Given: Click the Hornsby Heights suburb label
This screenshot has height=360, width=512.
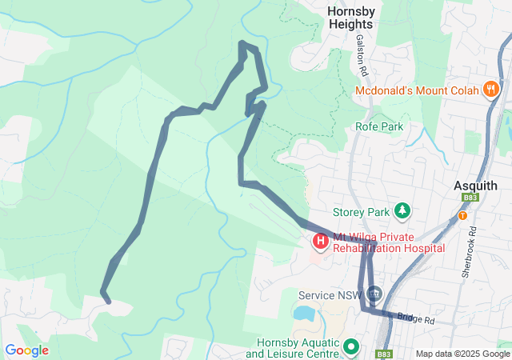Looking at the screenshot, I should pos(350,18).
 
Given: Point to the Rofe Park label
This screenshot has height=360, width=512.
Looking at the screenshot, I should pos(379,126).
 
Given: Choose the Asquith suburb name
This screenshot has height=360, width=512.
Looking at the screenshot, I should pos(475,185).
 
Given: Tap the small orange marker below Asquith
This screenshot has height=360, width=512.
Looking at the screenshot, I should pos(462,215).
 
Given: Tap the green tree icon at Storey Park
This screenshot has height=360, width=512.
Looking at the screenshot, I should pos(402,211).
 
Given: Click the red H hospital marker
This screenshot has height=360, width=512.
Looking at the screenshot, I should pos(320,240).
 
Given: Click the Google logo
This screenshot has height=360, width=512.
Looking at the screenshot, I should pos(26,350).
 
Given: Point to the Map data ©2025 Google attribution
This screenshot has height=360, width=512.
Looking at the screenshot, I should pos(462,354).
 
